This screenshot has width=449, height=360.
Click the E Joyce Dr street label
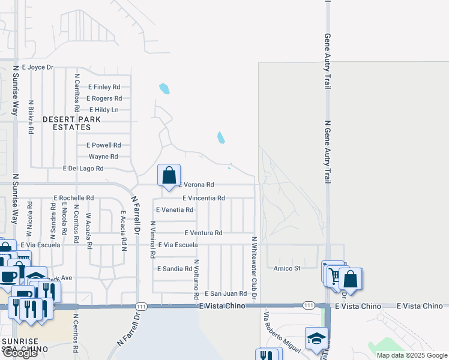pos(37,68)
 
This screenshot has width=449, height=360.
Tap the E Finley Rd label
pos(104,87)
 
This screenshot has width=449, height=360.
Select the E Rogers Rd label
pos(104,98)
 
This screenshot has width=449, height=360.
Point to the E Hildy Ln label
pos(104,110)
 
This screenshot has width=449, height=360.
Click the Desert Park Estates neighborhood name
pos(71,123)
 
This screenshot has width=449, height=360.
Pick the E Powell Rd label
pos(104,145)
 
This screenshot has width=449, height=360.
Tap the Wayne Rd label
pos(103,157)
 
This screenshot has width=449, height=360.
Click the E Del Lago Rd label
pos(83,169)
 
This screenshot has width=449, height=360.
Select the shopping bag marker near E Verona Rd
pos(169,175)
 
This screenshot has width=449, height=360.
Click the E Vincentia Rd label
pos(203,198)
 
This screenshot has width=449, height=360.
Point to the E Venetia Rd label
pos(175,210)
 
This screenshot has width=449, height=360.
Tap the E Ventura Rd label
pos(203,233)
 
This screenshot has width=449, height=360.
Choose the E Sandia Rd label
pos(175,269)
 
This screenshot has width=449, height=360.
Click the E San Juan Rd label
pos(226,293)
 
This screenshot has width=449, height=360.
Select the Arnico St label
pos(287,268)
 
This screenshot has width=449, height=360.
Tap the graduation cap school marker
pos(316,339)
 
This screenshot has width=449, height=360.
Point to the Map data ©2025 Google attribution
pos(411,355)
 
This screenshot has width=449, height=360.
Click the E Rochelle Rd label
pos(74,197)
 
